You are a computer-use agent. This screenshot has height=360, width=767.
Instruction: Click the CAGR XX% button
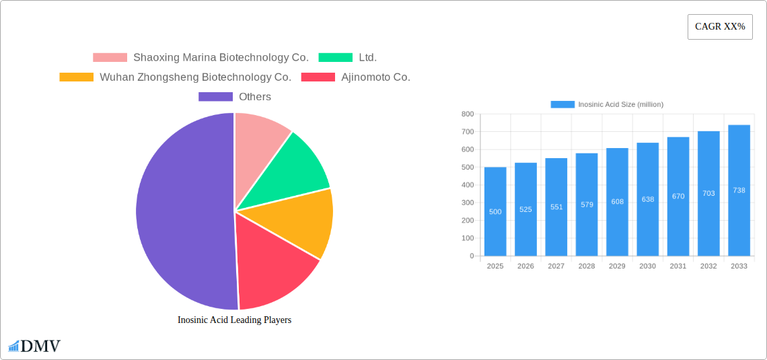719,27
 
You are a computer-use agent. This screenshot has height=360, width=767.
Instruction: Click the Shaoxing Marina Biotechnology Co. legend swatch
110,58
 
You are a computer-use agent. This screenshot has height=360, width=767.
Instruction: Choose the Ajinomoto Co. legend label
375,77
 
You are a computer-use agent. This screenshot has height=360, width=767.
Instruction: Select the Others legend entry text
255,97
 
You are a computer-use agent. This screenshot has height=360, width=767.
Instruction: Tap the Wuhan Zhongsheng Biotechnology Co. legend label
195,77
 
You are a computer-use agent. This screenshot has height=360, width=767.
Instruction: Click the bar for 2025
495,211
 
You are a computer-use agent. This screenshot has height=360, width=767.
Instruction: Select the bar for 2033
739,190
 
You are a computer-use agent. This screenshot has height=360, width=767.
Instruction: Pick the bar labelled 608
617,202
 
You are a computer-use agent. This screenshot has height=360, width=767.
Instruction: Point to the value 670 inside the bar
678,196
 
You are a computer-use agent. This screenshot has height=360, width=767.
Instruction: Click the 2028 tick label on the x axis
587,266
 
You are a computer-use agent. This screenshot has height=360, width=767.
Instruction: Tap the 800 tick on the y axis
467,114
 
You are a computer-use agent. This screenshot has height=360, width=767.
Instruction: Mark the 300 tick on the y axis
467,203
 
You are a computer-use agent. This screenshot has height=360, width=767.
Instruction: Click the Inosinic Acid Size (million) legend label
620,104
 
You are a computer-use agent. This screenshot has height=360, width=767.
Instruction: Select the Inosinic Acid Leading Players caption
234,320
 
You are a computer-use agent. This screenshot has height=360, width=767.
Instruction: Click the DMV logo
34,347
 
